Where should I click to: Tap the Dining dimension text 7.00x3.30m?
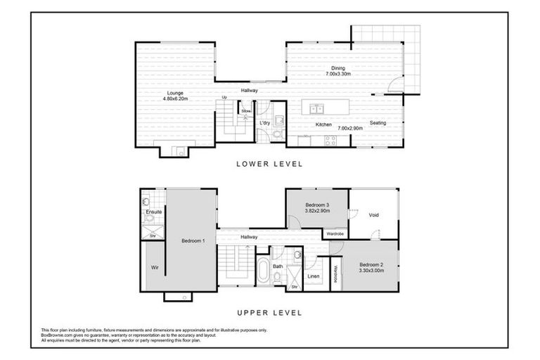click(x=338, y=74)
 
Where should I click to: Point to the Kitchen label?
click(x=323, y=124)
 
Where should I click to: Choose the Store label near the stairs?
click(x=245, y=110)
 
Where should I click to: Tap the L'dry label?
click(x=265, y=123)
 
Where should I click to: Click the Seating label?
click(x=378, y=123)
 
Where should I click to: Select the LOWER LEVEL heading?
click(x=269, y=164)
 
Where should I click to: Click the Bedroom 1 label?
click(x=193, y=241)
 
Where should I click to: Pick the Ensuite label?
click(x=154, y=212)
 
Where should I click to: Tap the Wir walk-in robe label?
click(x=153, y=267)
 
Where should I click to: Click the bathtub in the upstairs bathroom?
click(x=263, y=270)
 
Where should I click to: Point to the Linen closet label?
click(x=314, y=276)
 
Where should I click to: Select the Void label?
click(x=373, y=215)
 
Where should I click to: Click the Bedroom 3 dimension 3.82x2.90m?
click(x=316, y=210)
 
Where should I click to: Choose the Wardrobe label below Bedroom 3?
click(x=335, y=233)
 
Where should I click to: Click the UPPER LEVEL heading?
click(x=269, y=312)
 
